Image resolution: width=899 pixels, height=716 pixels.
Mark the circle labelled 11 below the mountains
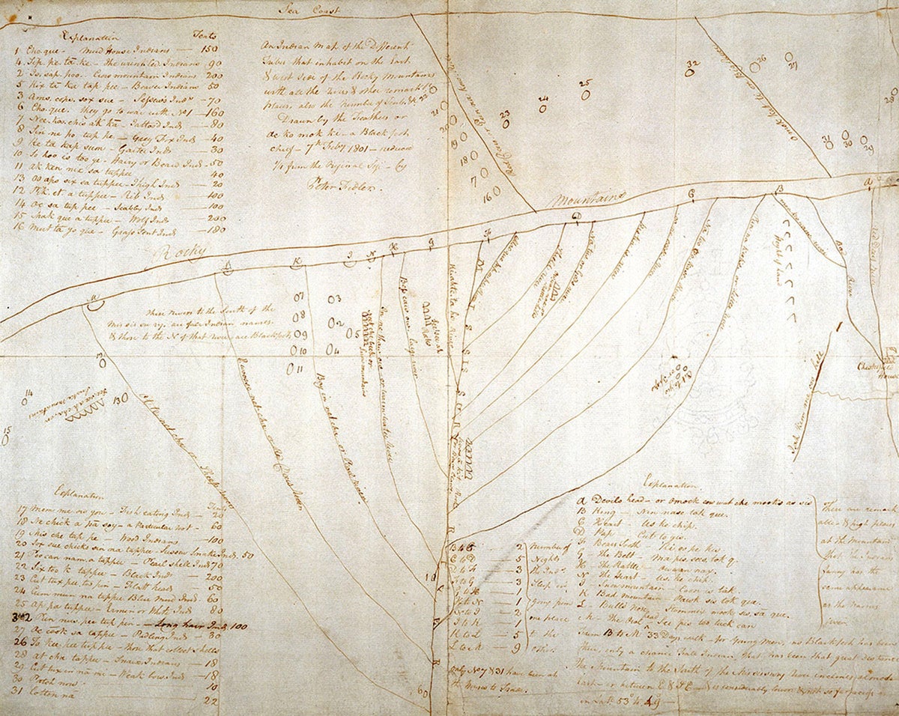click(x=297, y=368)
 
